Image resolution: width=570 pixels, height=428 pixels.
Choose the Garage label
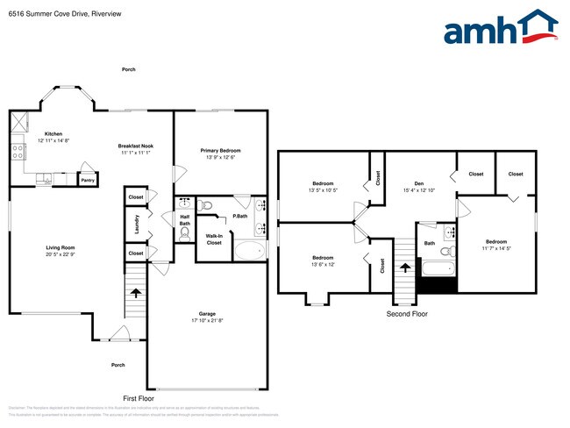[x=207, y=313]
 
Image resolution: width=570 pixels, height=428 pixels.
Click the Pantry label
[x=88, y=180]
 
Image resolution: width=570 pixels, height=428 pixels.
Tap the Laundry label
[x=137, y=226]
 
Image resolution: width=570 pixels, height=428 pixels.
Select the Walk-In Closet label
[x=213, y=238]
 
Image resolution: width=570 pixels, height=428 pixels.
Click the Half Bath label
[x=184, y=219]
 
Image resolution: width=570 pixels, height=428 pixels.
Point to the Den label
[x=419, y=184]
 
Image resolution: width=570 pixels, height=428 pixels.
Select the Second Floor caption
[x=407, y=313]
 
